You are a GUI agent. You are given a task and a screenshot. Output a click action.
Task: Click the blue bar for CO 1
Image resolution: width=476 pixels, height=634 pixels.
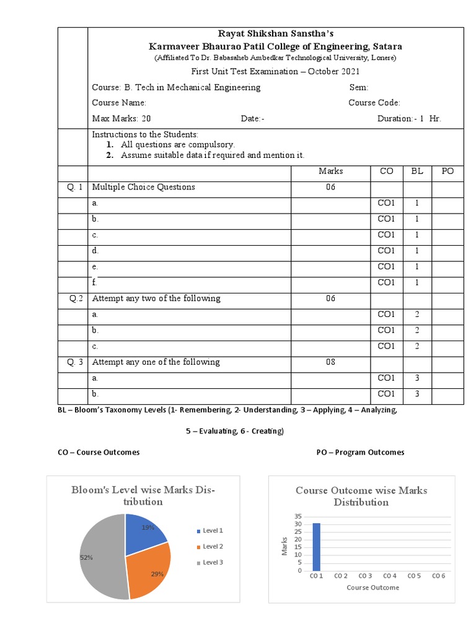coord(316,547)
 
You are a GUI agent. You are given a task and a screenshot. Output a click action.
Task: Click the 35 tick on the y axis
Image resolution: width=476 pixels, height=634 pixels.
coord(298,516)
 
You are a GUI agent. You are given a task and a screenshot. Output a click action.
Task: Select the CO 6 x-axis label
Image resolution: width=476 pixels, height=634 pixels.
coord(438,576)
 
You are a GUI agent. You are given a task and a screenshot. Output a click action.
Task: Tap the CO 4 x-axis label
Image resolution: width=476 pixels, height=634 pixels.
coord(389,576)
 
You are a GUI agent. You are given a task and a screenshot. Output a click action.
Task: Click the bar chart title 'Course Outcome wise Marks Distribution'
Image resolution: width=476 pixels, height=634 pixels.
coord(361,496)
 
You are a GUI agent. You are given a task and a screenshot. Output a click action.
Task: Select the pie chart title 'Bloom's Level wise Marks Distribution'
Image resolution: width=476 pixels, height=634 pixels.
coord(143,495)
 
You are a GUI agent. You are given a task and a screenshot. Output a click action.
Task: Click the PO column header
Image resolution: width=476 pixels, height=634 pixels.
coord(447,171)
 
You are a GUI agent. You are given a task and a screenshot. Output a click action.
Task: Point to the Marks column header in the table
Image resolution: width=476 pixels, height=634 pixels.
coord(330,171)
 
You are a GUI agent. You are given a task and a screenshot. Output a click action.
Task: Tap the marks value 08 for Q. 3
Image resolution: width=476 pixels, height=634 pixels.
coord(330,362)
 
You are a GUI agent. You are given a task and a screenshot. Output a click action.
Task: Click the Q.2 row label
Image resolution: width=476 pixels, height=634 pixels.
coord(76,298)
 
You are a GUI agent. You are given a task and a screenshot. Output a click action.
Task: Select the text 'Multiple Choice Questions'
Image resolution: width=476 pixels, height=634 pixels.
coord(143,187)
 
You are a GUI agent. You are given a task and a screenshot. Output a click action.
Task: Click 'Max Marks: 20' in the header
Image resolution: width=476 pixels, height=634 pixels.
coord(121,119)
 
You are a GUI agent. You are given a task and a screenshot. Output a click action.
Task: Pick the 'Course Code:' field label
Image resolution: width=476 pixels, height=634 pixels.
coord(374,103)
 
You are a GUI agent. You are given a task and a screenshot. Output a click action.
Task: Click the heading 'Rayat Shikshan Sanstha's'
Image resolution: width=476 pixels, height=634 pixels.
coord(275,34)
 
